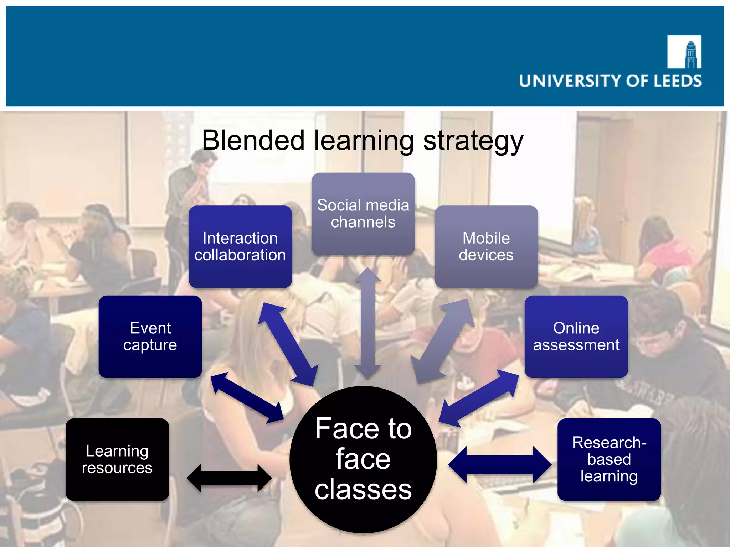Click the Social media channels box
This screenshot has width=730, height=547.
[363, 214]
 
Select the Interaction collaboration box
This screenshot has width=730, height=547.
[240, 246]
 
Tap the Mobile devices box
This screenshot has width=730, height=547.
[486, 246]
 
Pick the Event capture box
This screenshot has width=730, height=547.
[150, 337]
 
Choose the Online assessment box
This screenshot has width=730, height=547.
[576, 337]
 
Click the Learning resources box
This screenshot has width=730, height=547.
[117, 459]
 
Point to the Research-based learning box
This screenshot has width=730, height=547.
[609, 459]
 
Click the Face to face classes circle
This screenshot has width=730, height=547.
[363, 459]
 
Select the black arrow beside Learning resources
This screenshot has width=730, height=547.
[229, 478]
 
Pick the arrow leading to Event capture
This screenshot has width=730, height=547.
[247, 398]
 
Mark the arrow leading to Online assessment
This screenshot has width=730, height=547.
[479, 398]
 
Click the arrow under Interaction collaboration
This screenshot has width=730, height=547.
[288, 344]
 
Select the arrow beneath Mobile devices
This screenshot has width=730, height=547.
[443, 342]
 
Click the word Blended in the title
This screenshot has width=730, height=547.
[253, 140]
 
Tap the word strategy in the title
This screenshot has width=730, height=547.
[473, 141]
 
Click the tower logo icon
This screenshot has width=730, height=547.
[684, 52]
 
